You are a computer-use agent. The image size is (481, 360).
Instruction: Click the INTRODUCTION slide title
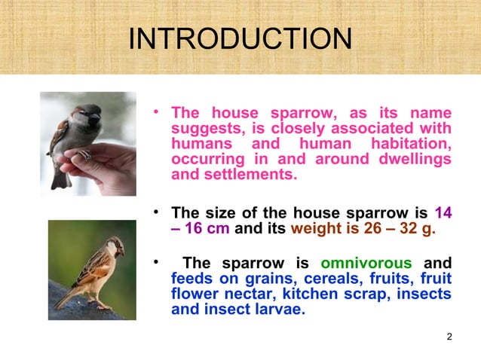tap(240, 39)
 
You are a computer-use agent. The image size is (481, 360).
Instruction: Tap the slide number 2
tap(449, 336)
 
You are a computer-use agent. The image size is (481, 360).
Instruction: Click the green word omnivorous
tap(366, 264)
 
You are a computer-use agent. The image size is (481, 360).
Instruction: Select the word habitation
tap(407, 144)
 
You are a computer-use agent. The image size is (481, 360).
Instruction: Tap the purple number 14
tap(443, 212)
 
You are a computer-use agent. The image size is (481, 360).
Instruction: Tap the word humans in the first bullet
tap(201, 144)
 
